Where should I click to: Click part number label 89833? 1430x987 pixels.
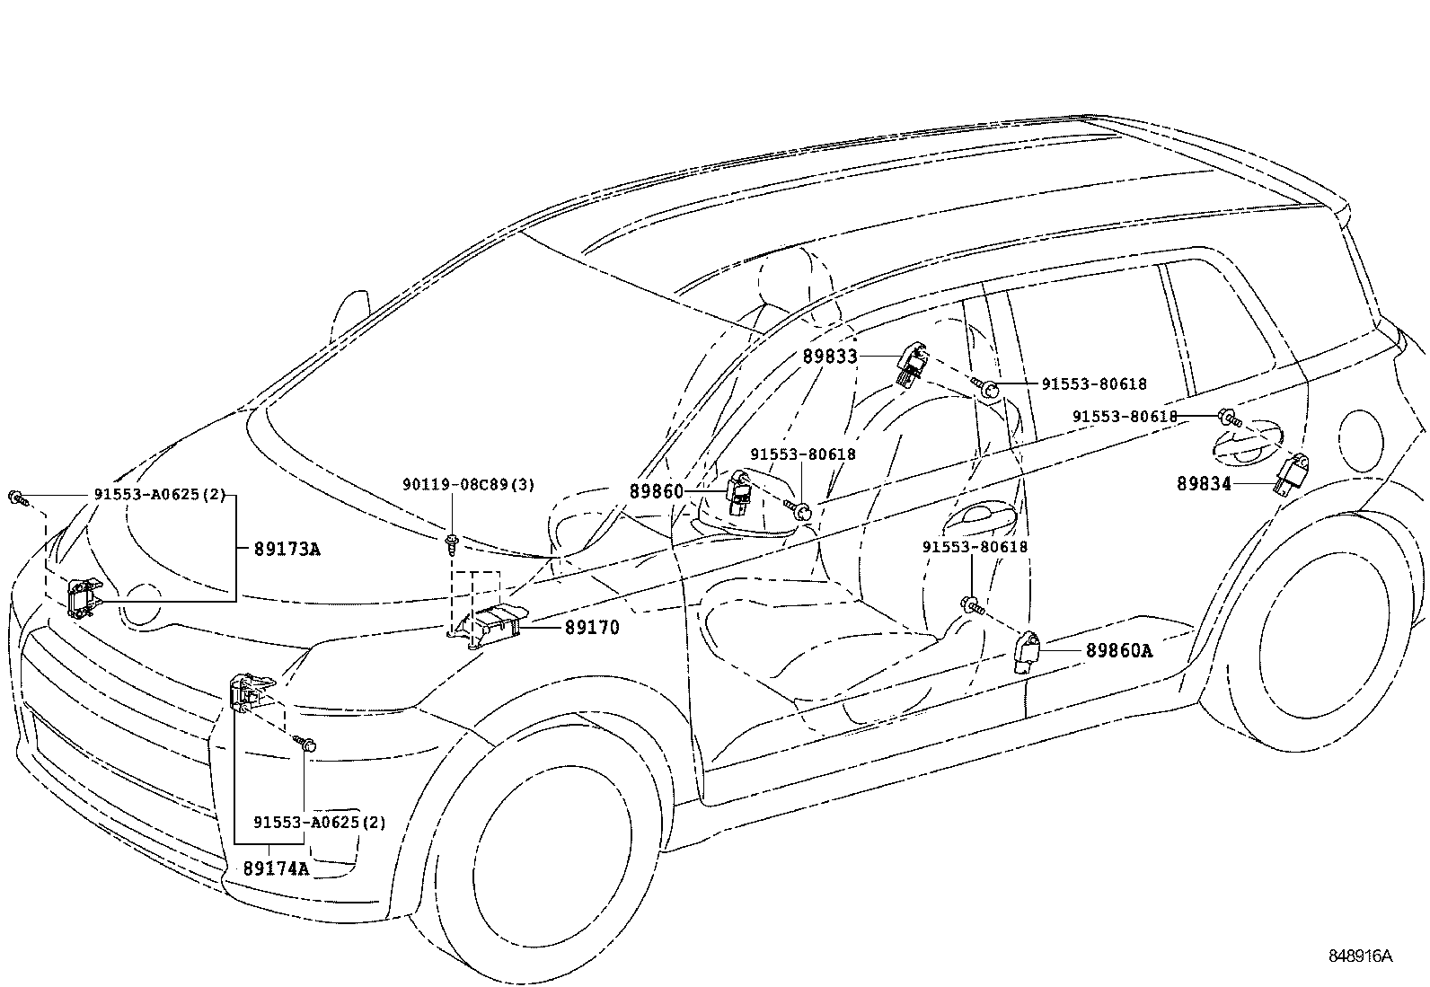pyautogui.click(x=830, y=357)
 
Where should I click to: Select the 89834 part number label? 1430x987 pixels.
pyautogui.click(x=1205, y=484)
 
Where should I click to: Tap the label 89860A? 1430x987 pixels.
pyautogui.click(x=1118, y=650)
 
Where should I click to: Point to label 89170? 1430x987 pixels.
pyautogui.click(x=592, y=628)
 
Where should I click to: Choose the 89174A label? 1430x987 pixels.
pyautogui.click(x=276, y=868)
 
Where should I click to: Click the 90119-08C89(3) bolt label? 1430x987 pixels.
pyautogui.click(x=468, y=485)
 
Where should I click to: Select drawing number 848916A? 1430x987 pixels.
pyautogui.click(x=1361, y=956)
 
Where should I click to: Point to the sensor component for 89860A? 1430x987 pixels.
pyautogui.click(x=1026, y=651)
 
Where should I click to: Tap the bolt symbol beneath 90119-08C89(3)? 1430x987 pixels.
pyautogui.click(x=450, y=542)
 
